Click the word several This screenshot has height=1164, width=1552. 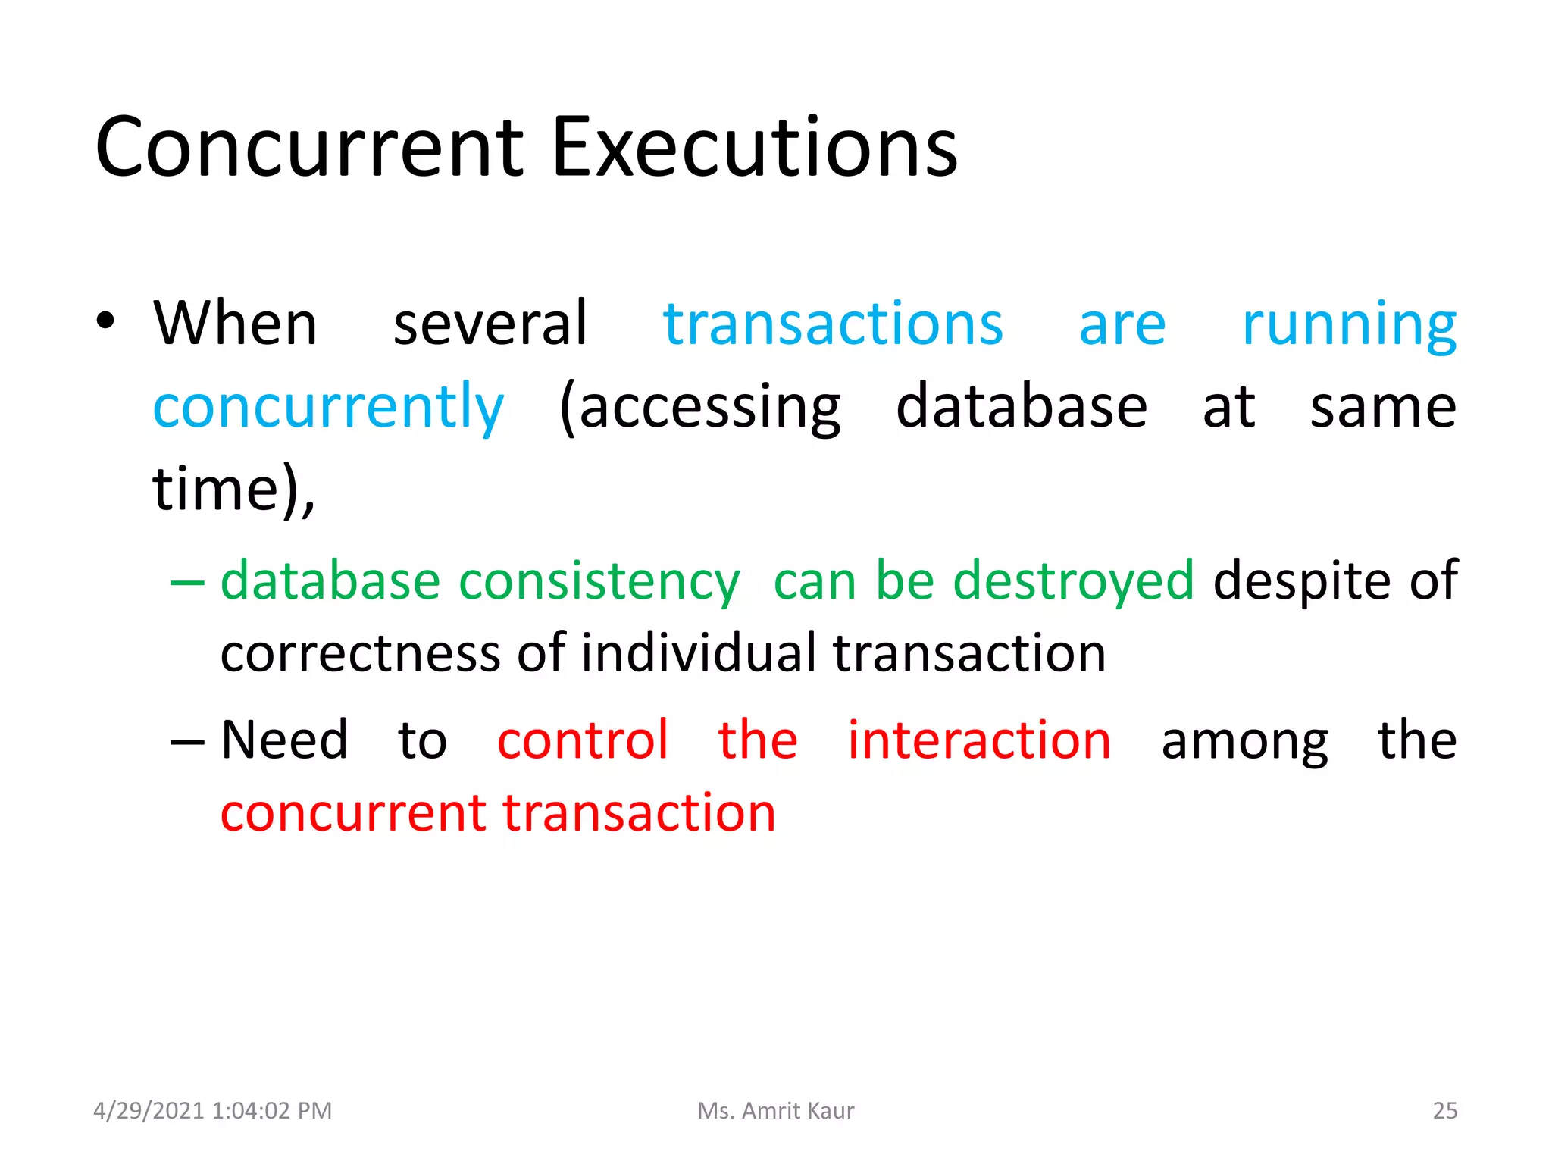(490, 324)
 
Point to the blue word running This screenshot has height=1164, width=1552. (1349, 326)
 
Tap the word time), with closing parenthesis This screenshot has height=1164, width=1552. (233, 490)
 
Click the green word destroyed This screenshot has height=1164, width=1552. (1073, 582)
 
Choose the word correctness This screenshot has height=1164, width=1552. (360, 653)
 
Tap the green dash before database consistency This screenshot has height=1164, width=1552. (187, 582)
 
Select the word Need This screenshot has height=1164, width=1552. (284, 740)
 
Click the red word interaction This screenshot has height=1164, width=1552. (978, 740)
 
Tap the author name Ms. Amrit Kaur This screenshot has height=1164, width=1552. (775, 1111)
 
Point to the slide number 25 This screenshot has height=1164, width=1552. (1444, 1111)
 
